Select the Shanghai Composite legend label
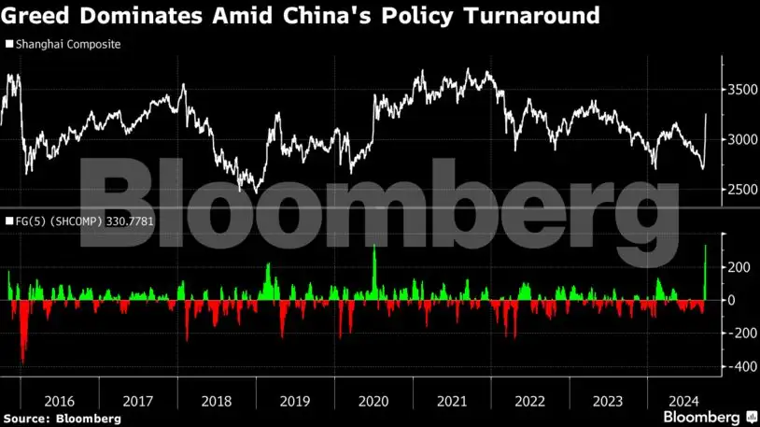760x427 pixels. click(x=68, y=44)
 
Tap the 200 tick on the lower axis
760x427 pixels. click(x=739, y=267)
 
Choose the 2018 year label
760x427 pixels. click(x=217, y=401)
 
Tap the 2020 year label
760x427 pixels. click(x=373, y=401)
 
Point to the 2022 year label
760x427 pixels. click(x=530, y=401)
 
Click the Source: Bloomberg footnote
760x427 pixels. click(x=61, y=419)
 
